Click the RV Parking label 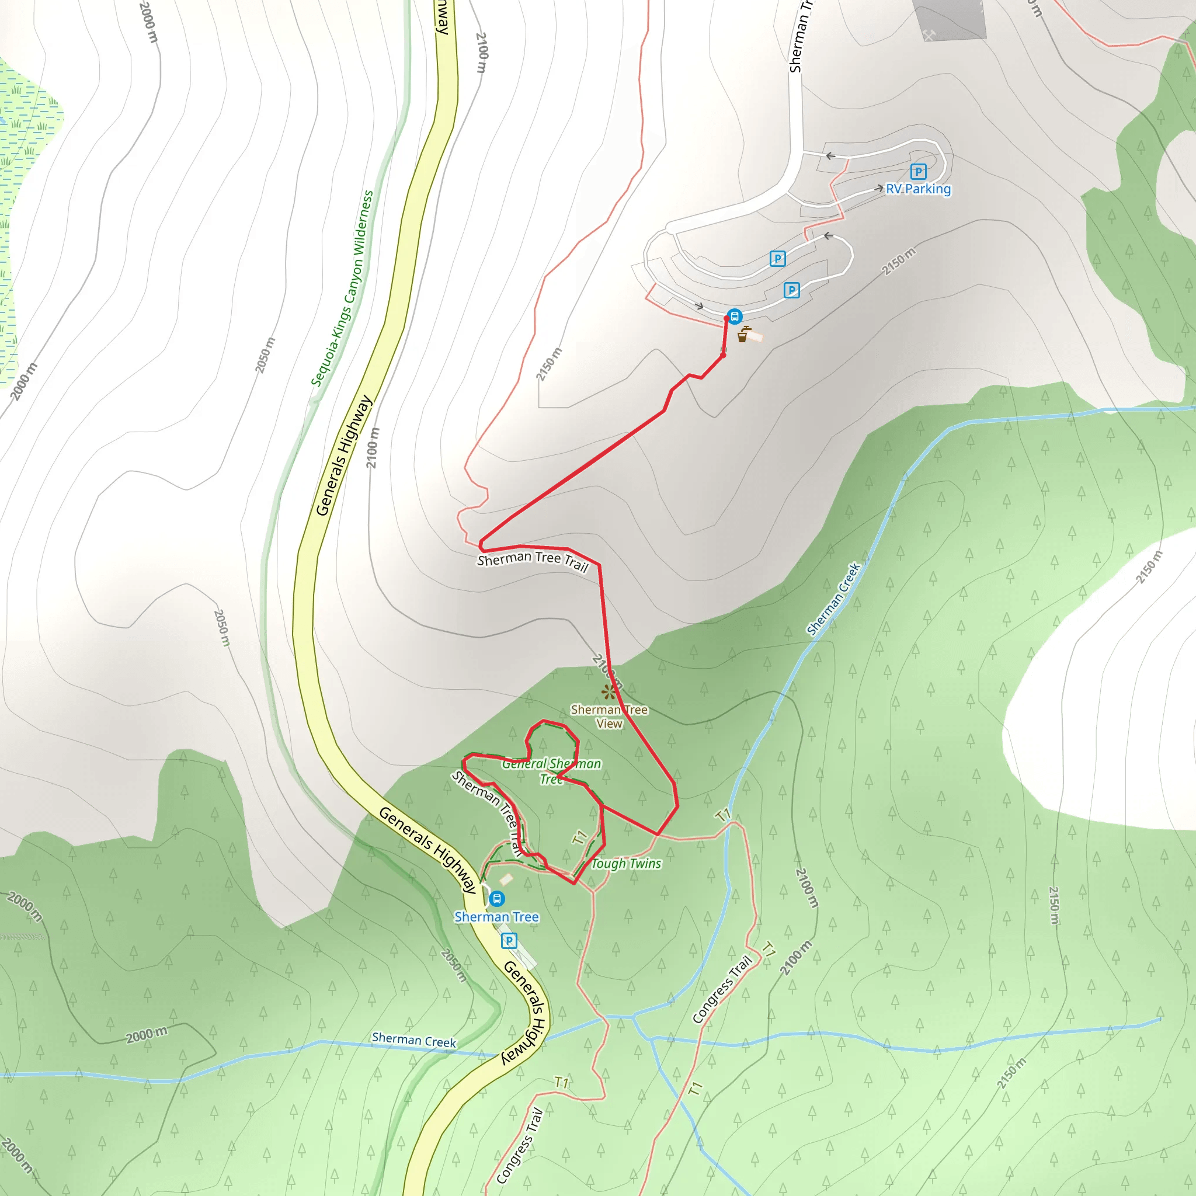(918, 189)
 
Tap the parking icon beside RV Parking (918, 172)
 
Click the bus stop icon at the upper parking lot (734, 317)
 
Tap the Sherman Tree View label (609, 716)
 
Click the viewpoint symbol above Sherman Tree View (610, 691)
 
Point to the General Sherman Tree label (551, 771)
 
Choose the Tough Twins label (626, 864)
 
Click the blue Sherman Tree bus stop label (496, 917)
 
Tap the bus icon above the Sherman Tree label (496, 898)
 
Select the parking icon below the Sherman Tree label (509, 941)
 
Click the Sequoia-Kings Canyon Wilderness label (342, 288)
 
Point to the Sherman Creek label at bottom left (413, 1040)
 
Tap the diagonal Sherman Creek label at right (833, 599)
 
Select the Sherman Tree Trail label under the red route (533, 560)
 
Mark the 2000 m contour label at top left (148, 22)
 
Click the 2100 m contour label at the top (482, 53)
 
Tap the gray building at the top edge (949, 19)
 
